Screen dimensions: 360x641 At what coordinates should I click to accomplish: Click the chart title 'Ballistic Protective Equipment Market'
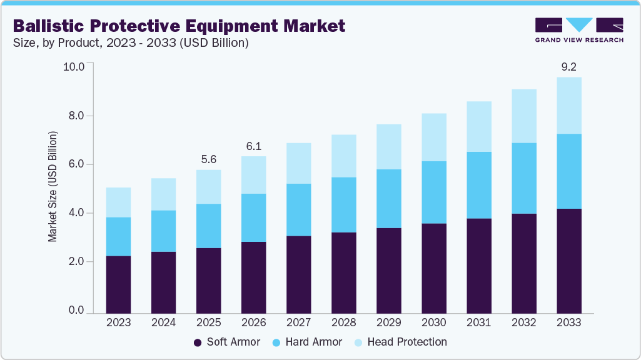pyautogui.click(x=179, y=26)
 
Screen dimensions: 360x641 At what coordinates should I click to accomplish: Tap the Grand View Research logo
pyautogui.click(x=579, y=30)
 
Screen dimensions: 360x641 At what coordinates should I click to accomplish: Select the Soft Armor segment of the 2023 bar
pyautogui.click(x=118, y=284)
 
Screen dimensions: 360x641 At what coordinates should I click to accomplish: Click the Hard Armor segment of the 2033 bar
pyautogui.click(x=569, y=171)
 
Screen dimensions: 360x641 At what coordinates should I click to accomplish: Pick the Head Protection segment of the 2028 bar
pyautogui.click(x=343, y=156)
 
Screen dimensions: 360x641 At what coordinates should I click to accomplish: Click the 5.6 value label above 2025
pyautogui.click(x=208, y=159)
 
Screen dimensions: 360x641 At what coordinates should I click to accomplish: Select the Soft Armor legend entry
pyautogui.click(x=226, y=342)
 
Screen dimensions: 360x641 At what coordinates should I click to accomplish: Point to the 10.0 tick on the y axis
pyautogui.click(x=74, y=67)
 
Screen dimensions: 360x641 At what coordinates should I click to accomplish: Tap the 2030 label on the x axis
pyautogui.click(x=433, y=322)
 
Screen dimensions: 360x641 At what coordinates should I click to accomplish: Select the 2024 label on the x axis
pyautogui.click(x=163, y=322)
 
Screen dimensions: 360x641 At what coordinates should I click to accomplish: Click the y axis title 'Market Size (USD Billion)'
pyautogui.click(x=53, y=187)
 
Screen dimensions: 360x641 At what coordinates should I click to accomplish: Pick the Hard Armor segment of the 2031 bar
pyautogui.click(x=478, y=185)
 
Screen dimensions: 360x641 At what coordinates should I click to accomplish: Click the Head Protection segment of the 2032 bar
pyautogui.click(x=524, y=116)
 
